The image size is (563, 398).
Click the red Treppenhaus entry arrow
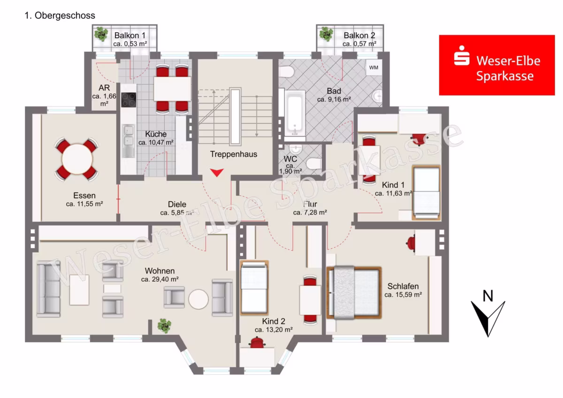[217, 172]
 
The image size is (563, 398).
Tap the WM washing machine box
[374, 68]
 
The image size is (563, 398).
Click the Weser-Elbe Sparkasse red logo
[497, 65]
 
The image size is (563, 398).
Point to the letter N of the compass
[488, 296]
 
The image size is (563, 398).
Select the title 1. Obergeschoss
[60, 15]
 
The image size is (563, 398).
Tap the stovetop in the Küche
[129, 100]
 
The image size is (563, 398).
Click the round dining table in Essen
[77, 159]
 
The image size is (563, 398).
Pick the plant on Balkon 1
[101, 34]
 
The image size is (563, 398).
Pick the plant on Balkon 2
[326, 34]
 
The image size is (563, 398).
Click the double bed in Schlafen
[354, 293]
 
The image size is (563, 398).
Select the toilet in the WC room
[314, 164]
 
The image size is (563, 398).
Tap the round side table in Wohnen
[198, 299]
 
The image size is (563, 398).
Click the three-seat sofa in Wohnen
[48, 289]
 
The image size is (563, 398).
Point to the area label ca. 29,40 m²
[160, 279]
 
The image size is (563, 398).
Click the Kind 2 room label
[274, 321]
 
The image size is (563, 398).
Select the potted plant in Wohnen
[164, 326]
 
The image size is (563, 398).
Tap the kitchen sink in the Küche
[128, 141]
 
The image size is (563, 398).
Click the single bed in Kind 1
[426, 192]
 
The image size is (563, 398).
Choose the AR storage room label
[104, 88]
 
